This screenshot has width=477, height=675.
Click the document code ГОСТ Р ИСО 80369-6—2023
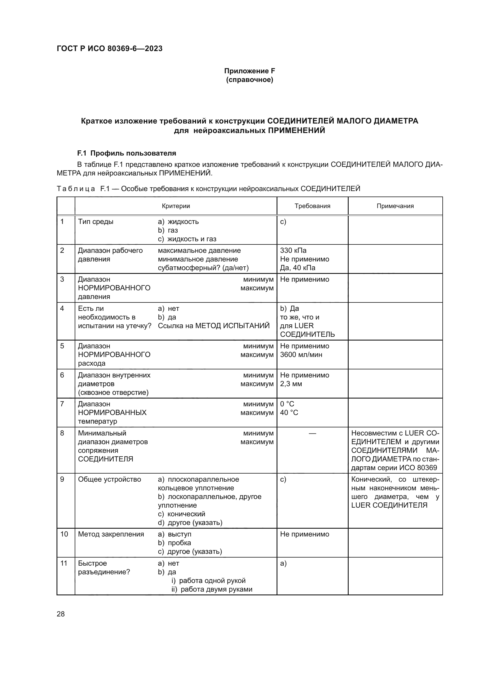click(x=110, y=48)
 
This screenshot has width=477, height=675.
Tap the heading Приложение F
click(x=249, y=71)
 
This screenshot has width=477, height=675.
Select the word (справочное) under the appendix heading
click(x=249, y=80)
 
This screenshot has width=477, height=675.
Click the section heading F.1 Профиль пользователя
click(x=127, y=153)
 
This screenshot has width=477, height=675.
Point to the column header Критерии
click(x=176, y=206)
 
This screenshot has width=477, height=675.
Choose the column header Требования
click(x=312, y=206)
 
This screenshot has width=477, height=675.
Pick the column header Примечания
click(x=395, y=206)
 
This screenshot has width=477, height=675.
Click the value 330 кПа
click(x=293, y=250)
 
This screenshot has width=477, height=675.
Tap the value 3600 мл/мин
click(x=301, y=355)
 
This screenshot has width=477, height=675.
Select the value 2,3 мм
click(x=291, y=384)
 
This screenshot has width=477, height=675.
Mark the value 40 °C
click(x=289, y=412)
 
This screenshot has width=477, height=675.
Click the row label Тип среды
click(x=95, y=222)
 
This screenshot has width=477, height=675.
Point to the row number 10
click(x=64, y=534)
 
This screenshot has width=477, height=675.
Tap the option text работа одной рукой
click(x=212, y=581)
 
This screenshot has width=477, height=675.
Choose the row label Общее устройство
click(x=109, y=479)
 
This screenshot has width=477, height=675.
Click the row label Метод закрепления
click(x=111, y=534)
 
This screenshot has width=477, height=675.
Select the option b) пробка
click(x=174, y=543)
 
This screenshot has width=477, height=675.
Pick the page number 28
click(x=61, y=614)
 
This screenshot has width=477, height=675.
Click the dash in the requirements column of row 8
click(x=312, y=433)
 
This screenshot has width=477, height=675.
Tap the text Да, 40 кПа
click(x=298, y=268)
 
